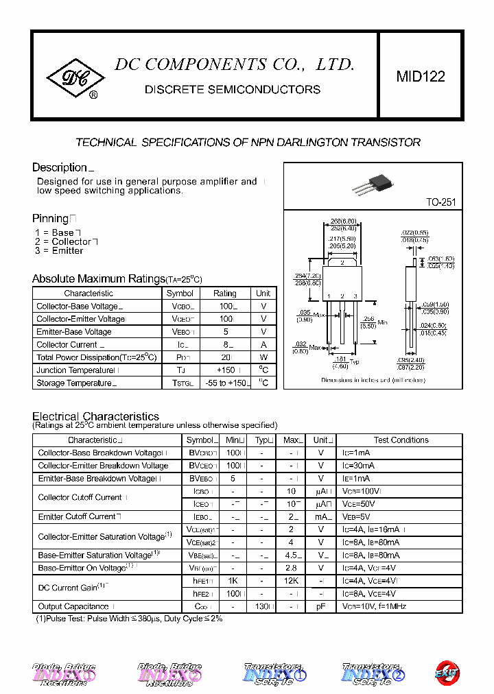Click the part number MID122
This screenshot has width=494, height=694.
420,77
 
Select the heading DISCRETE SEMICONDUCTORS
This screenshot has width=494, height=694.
232,90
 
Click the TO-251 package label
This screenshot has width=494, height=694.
440,203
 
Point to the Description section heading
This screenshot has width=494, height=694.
60,167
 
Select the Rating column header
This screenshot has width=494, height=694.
224,293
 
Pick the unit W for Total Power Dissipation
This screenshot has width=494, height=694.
263,357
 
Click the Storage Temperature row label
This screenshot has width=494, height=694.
73,383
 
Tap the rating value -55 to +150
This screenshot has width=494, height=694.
224,383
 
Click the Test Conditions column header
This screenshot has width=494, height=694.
401,440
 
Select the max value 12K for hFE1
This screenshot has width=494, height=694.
291,581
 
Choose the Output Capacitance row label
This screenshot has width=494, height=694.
73,607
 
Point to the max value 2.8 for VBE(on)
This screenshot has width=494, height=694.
291,569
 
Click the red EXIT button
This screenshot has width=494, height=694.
447,673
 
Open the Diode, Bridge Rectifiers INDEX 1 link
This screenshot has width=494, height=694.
64,674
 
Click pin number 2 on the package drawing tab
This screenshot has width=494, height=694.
342,262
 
